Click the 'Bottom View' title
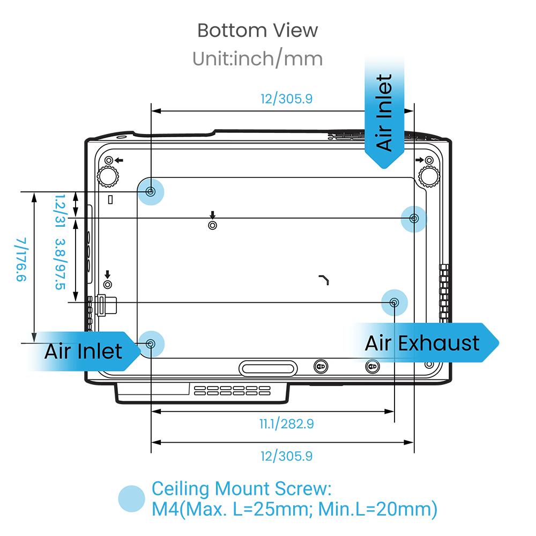pos(257,31)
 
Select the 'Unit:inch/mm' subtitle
pos(257,58)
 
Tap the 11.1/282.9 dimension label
pos(286,424)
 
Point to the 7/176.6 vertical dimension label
pos(21,259)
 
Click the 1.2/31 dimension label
pos(60,211)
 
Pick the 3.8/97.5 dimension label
pos(60,264)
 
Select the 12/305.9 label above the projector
pos(286,99)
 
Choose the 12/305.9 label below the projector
pos(286,456)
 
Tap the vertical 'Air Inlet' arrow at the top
pos(384,113)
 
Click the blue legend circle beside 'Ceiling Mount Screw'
pos(132,498)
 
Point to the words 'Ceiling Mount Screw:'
pos(241,488)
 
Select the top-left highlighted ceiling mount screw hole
pos(151,192)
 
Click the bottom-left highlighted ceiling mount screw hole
pos(151,344)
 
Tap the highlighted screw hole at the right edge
pos(414,219)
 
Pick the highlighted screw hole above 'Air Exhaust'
pos(394,302)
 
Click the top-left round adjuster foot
pos(108,176)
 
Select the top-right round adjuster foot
pos(429,176)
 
